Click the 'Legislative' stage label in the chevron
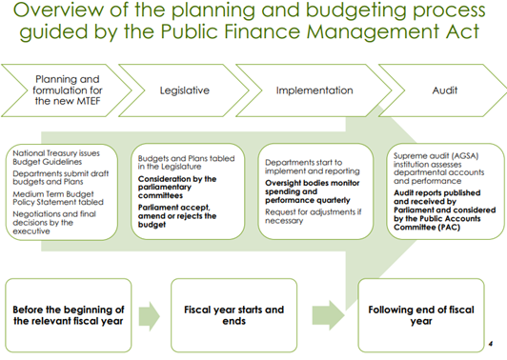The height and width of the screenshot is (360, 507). click(184, 90)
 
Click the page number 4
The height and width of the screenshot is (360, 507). click(488, 343)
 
